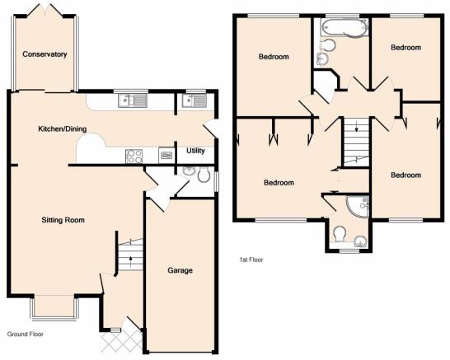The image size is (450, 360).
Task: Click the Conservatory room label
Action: click(x=45, y=54)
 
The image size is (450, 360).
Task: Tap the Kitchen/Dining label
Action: click(x=63, y=129)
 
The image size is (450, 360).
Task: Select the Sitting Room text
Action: click(x=63, y=220)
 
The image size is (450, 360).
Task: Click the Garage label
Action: click(x=180, y=270)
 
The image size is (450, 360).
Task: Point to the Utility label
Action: click(x=195, y=151)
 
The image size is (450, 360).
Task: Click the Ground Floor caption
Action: click(x=26, y=334)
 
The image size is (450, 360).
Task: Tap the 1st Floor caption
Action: click(x=251, y=259)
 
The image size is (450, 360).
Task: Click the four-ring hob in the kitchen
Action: click(x=134, y=157)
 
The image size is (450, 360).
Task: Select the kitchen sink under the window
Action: click(x=133, y=101)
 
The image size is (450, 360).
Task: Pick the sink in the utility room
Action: click(x=194, y=101)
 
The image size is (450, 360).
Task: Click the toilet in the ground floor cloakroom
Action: click(x=204, y=174)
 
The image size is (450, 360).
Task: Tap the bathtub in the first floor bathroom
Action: click(x=345, y=27)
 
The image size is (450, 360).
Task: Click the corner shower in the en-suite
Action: click(x=359, y=206)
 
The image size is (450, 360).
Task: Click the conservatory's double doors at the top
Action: click(x=45, y=10)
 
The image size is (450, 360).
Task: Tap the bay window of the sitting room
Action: click(x=54, y=307)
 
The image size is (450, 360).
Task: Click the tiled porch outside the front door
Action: click(x=122, y=342)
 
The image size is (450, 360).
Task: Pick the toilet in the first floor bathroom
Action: click(x=328, y=45)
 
